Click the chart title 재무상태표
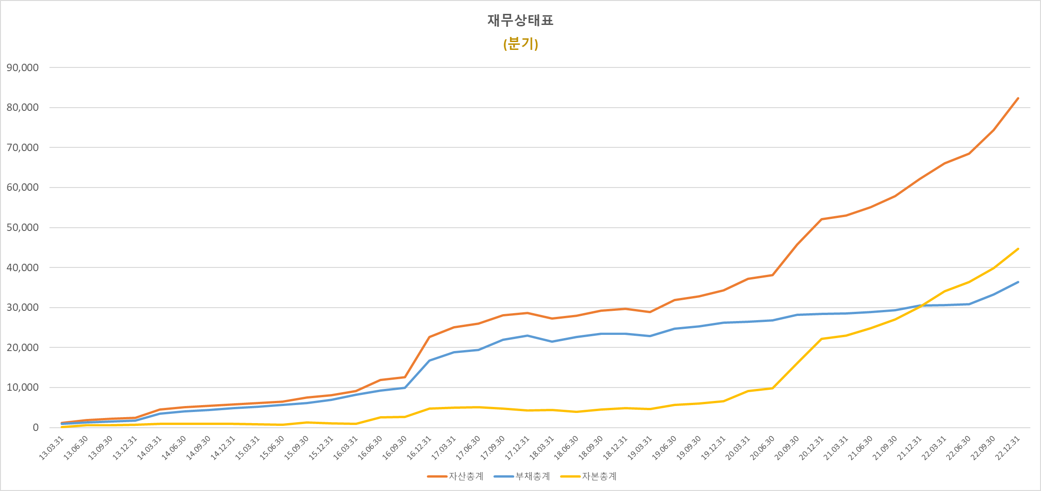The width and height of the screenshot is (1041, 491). [x=520, y=20]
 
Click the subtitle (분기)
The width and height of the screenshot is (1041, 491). [x=520, y=44]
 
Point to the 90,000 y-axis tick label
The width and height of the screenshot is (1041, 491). [x=23, y=67]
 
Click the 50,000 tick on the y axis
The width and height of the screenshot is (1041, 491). [x=23, y=227]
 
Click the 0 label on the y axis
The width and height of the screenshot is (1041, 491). [x=36, y=427]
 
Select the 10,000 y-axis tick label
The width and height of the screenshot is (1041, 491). [x=23, y=387]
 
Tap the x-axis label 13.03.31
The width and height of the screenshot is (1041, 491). [x=51, y=448]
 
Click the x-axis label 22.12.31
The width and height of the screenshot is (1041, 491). [x=1008, y=448]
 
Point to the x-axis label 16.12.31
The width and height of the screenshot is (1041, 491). [x=419, y=448]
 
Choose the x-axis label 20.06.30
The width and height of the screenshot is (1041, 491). [x=762, y=448]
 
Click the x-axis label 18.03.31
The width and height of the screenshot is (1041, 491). [x=542, y=448]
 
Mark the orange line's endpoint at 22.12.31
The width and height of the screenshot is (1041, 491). [x=1018, y=98]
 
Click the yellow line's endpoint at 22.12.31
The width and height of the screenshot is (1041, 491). [x=1018, y=249]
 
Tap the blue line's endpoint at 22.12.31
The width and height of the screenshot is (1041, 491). [x=1018, y=282]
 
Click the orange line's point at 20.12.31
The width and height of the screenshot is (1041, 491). [x=821, y=219]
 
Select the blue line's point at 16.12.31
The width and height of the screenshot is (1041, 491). [x=429, y=360]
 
